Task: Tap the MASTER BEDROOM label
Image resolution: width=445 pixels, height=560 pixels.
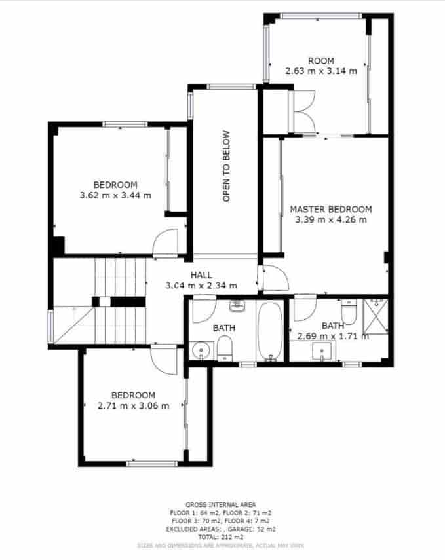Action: coord(330,210)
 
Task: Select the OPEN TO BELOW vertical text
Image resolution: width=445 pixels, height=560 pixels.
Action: coord(226,166)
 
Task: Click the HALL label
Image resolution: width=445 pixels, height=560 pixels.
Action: coord(201,275)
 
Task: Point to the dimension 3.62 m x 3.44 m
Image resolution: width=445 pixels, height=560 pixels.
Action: coord(115,195)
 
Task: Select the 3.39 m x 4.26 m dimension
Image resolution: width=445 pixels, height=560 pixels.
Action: coord(330,220)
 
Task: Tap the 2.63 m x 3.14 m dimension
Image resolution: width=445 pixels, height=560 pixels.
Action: coord(320,70)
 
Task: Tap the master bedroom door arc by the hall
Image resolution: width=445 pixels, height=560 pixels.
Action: coord(273,279)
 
